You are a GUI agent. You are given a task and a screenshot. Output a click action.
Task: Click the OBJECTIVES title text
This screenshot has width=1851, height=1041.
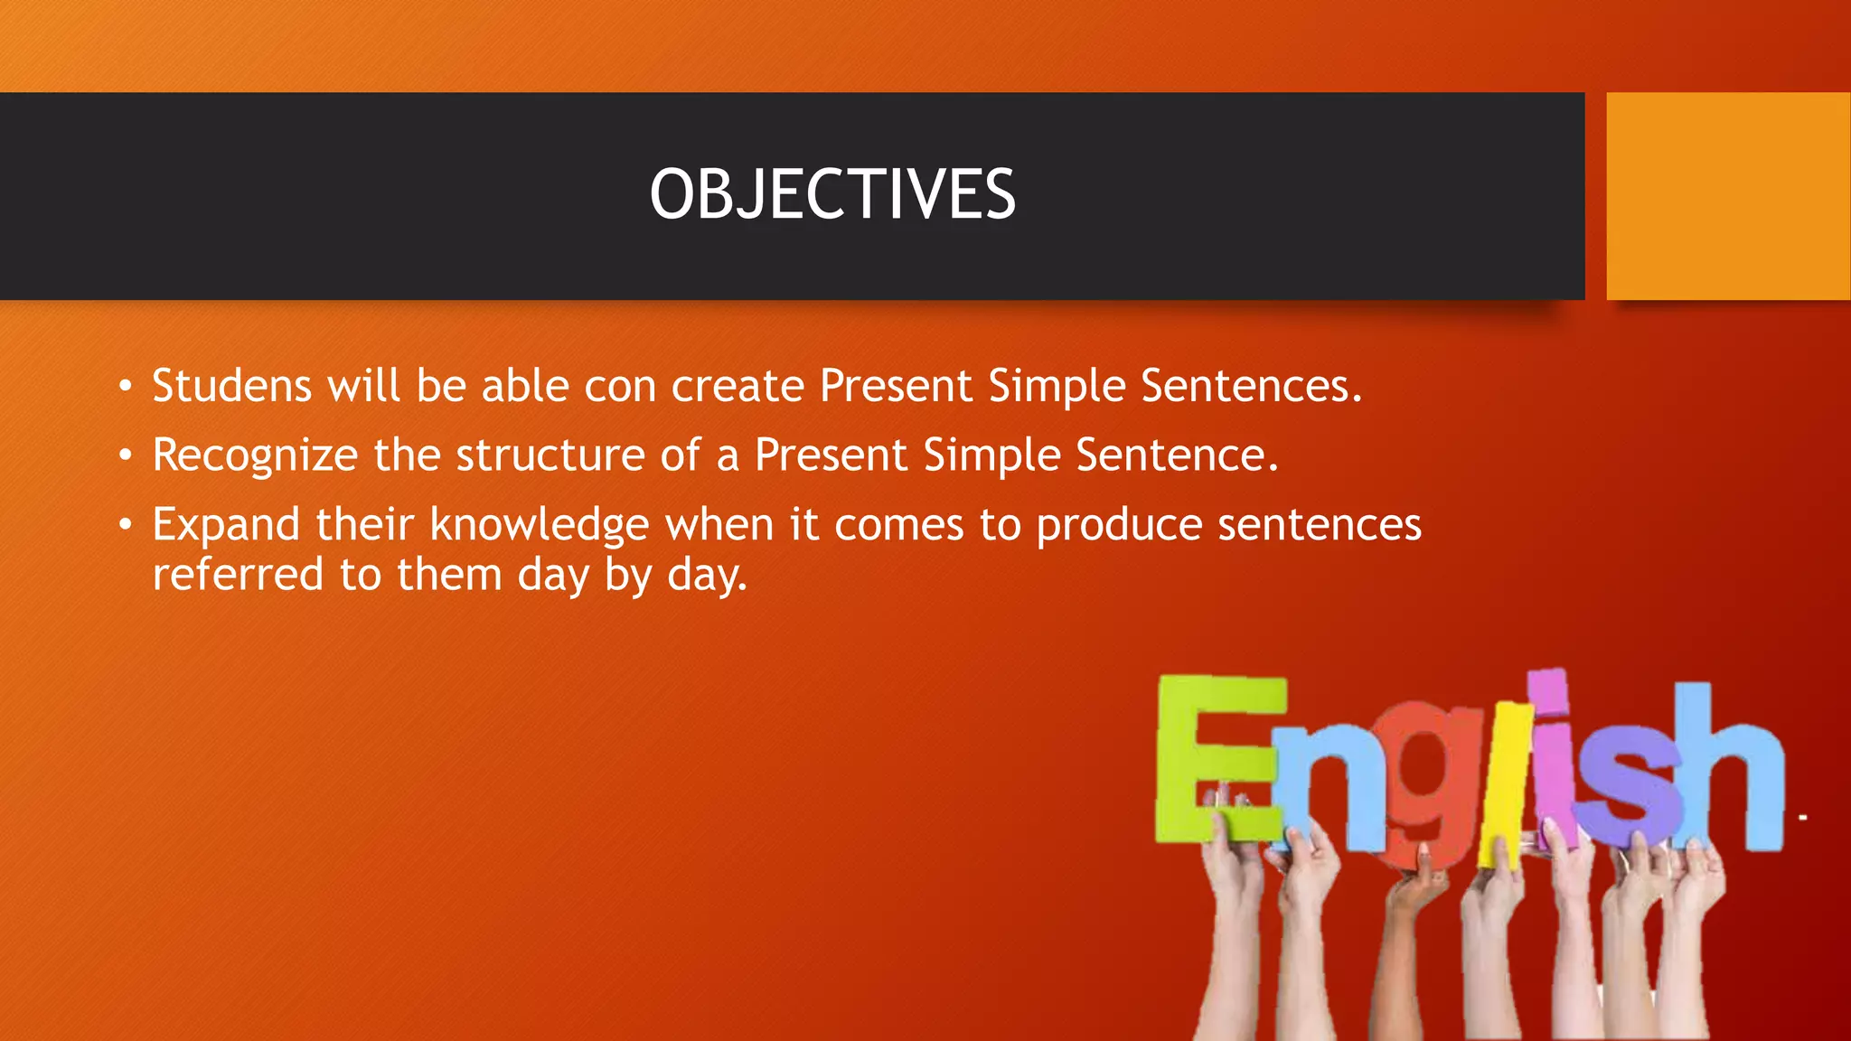pos(832,194)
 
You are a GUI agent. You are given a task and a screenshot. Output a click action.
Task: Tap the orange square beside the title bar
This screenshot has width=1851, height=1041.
pos(1727,196)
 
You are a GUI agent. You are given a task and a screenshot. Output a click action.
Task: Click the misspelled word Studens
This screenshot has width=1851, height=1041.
pos(231,386)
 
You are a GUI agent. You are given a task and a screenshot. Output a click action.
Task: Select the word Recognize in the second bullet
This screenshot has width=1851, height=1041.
pos(255,455)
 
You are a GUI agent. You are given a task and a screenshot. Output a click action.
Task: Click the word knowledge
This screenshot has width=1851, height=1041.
pos(539,525)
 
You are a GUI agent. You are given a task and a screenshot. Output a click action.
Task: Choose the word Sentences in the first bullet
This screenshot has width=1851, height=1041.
pos(1251,386)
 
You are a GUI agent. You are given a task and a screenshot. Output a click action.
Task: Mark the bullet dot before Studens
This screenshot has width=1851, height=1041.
pos(126,387)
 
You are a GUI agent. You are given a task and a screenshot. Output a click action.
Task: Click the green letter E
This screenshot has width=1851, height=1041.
pos(1211,759)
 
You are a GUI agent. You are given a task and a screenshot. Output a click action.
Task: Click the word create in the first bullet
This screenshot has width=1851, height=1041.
pos(738,386)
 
